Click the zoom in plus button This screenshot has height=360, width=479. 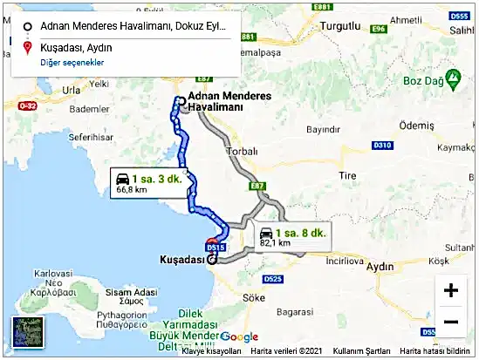451,290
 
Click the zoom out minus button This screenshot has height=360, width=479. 451,322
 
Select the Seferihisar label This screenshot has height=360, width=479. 68,138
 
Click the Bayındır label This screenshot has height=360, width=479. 323,129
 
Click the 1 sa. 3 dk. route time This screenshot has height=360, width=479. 158,177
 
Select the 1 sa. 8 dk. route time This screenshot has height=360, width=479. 300,233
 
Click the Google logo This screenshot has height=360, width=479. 240,337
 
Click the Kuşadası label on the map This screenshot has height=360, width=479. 181,260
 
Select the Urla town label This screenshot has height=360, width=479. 71,90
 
